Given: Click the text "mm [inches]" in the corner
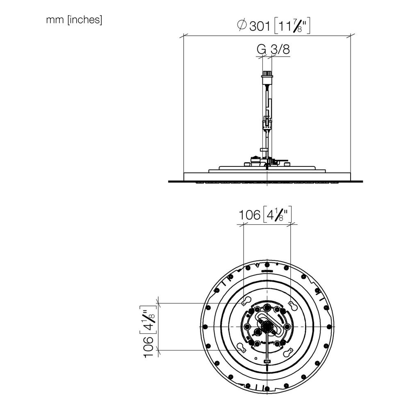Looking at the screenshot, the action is tap(74, 20).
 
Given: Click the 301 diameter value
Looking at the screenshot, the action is tap(260, 26).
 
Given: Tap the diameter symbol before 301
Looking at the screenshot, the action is tap(241, 25).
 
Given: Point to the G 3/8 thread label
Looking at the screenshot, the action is tap(273, 49).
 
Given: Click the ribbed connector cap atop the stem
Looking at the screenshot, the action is tap(267, 74).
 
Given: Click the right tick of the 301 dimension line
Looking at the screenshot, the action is tap(351, 36).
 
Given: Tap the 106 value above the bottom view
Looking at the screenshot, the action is tap(249, 215).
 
